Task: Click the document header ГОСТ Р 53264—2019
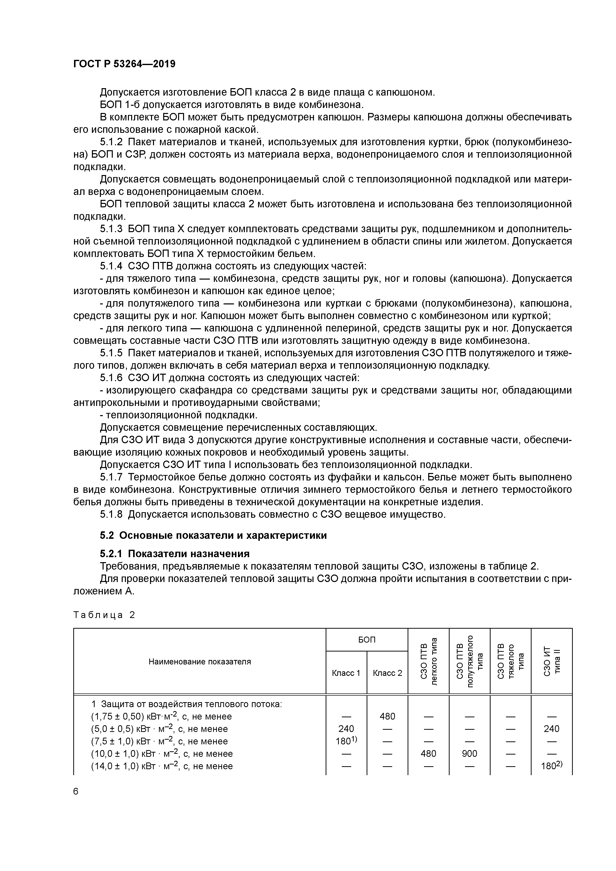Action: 124,64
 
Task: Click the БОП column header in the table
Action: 367,640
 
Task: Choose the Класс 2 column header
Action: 387,673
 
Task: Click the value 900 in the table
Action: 469,753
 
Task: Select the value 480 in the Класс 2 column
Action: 387,716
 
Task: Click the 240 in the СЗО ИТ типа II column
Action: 551,728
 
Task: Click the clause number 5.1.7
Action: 111,477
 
